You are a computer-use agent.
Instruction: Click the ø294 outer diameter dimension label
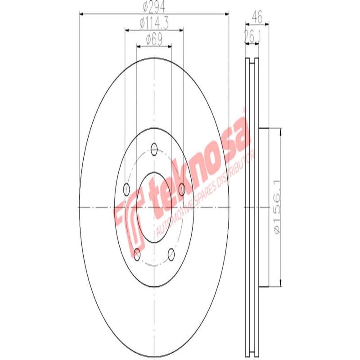click(154, 8)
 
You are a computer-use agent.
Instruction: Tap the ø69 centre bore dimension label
click(154, 39)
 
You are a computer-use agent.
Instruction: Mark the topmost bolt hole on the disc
click(154, 148)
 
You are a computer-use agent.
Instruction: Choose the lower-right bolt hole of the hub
click(171, 254)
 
